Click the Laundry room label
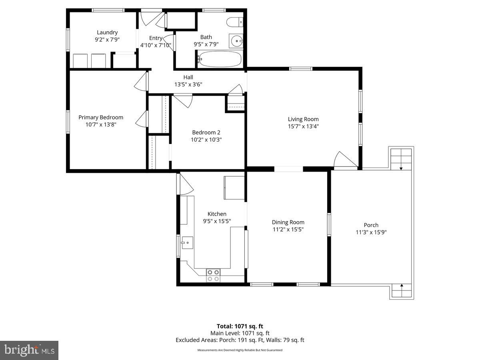(107, 32)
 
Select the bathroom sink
(236, 41)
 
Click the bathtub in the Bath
(220, 59)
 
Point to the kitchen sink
(187, 242)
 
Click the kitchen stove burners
(213, 275)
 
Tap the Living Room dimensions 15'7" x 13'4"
(303, 126)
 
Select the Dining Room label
(288, 222)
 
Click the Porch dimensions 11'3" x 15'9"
(371, 232)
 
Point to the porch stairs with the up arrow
(401, 290)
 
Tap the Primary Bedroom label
(101, 117)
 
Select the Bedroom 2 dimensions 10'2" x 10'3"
(206, 140)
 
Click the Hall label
(188, 77)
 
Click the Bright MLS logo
(29, 350)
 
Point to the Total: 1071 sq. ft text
(240, 326)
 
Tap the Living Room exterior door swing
(344, 160)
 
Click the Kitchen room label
(217, 214)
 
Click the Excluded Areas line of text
(240, 340)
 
